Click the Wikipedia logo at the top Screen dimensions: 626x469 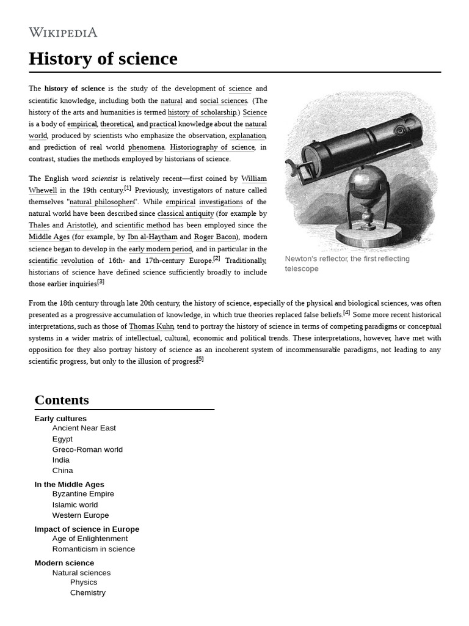[63, 32]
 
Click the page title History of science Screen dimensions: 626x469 [103, 59]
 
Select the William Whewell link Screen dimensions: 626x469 [253, 179]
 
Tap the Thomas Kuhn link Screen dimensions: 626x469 [151, 326]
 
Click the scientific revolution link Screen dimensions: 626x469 [61, 260]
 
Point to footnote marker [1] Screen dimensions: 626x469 [128, 188]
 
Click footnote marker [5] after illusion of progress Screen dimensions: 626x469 [200, 359]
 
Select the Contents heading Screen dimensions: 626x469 [62, 400]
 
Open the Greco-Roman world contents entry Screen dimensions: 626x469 [87, 449]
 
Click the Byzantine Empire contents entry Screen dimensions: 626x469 [83, 494]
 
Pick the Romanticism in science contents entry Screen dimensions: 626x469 [93, 549]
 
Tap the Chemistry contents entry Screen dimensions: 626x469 [88, 593]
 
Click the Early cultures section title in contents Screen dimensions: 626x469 [60, 419]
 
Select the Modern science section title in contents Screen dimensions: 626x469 [64, 562]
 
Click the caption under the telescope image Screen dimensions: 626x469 [347, 263]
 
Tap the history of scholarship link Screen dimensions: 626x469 [202, 112]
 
